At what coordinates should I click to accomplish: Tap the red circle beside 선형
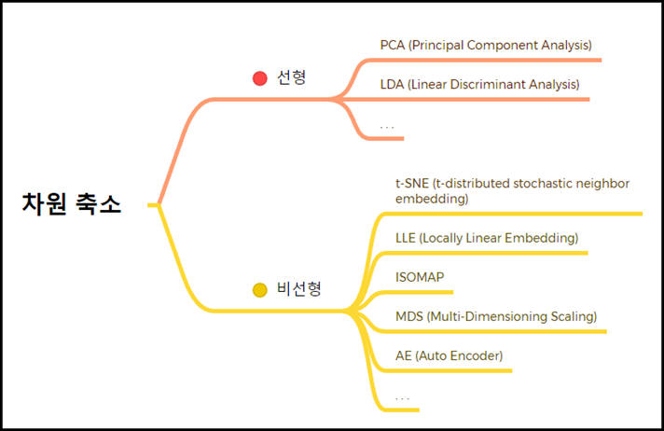coord(260,78)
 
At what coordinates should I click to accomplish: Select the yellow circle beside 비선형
coord(260,290)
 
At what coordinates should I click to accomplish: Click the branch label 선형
coord(291,78)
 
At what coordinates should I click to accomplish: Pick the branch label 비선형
coord(299,289)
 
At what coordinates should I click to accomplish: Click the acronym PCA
coord(393,45)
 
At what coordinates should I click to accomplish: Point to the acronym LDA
coord(393,84)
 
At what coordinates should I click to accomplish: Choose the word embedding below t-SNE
coord(431,199)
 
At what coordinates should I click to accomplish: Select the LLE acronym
coord(406,238)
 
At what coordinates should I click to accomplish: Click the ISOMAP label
coord(420,277)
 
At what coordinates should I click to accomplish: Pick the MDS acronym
coord(408,316)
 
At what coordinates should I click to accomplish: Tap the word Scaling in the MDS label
coord(570,316)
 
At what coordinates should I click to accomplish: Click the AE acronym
coord(403,355)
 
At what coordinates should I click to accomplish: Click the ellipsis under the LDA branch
coord(387,124)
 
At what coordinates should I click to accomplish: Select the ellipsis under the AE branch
coord(402,396)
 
